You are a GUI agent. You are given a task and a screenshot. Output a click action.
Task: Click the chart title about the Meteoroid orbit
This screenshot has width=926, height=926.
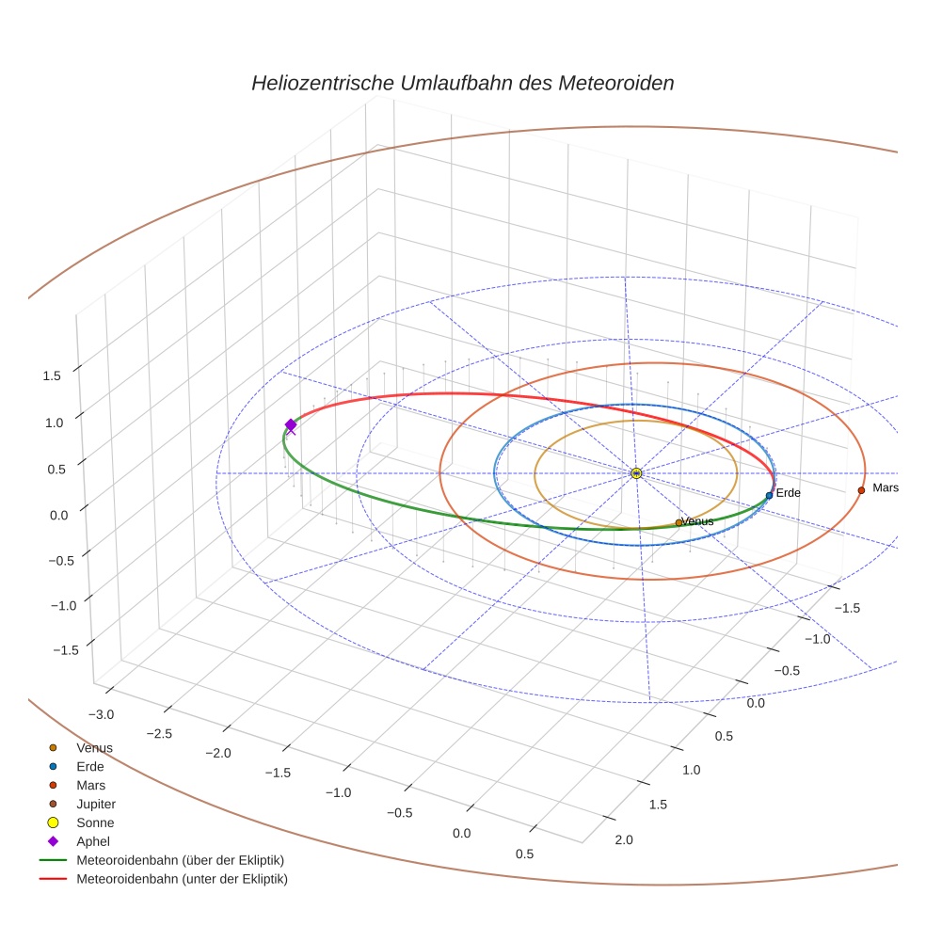[462, 83]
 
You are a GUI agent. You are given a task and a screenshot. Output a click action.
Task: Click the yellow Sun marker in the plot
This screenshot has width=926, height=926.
[636, 472]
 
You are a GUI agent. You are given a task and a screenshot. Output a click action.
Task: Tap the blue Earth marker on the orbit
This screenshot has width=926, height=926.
[769, 495]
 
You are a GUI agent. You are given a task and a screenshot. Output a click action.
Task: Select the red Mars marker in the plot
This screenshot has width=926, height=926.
[861, 490]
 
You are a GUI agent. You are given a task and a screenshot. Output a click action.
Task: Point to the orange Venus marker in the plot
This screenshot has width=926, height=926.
[679, 522]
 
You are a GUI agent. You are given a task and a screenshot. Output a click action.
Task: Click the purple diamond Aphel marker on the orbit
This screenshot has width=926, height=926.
[290, 425]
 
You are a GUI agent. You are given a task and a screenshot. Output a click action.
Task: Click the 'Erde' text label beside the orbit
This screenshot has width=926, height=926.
[788, 493]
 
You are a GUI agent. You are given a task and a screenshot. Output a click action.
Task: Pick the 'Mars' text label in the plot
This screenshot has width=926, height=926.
[886, 487]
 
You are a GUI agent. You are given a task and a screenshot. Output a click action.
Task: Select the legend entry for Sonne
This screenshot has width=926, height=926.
[95, 822]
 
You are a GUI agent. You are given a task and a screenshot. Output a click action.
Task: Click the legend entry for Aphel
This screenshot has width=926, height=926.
[93, 841]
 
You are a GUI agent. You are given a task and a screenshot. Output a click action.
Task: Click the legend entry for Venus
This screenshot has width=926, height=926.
[94, 747]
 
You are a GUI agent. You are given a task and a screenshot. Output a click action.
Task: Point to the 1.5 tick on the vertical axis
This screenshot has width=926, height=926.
[52, 375]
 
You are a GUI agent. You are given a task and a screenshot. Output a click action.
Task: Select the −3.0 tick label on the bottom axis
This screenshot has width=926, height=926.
[100, 714]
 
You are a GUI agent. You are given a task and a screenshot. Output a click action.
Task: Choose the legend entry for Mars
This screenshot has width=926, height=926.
[90, 785]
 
